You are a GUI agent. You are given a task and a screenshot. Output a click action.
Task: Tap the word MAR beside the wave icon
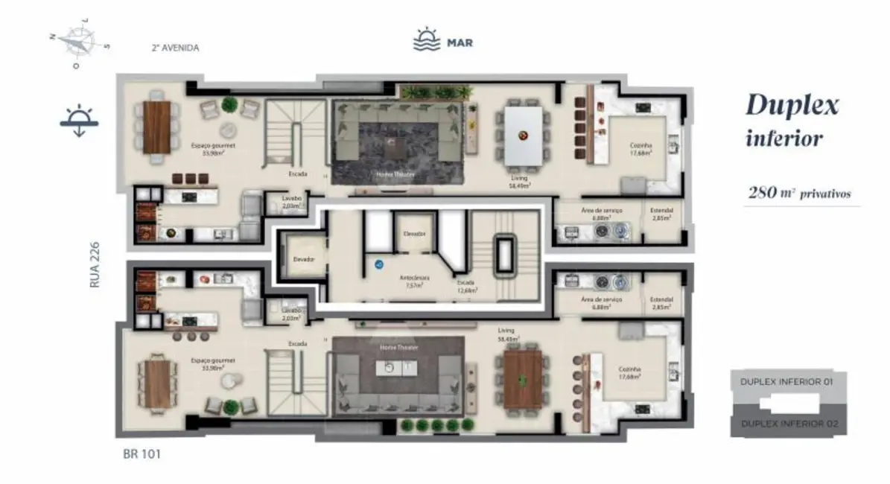(460, 42)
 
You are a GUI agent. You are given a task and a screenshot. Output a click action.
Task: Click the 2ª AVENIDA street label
(175, 48)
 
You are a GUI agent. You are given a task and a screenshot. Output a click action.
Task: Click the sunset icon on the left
(78, 122)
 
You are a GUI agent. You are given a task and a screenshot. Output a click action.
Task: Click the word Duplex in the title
(792, 106)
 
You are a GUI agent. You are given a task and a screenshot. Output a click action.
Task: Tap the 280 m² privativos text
(799, 194)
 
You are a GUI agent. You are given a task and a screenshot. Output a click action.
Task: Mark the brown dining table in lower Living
(524, 379)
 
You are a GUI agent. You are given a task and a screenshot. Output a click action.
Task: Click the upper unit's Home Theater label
(396, 175)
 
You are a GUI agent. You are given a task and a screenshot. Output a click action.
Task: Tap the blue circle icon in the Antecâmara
(378, 264)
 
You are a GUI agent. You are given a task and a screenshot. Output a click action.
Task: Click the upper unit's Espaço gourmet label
(213, 146)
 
